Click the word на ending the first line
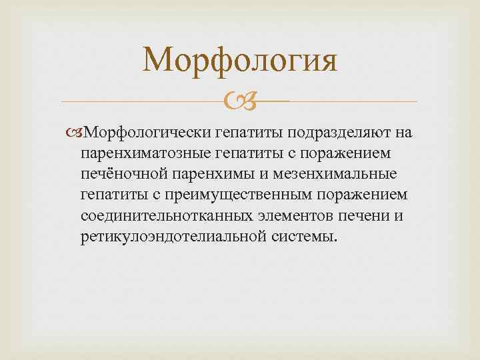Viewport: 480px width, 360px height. coord(405,132)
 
